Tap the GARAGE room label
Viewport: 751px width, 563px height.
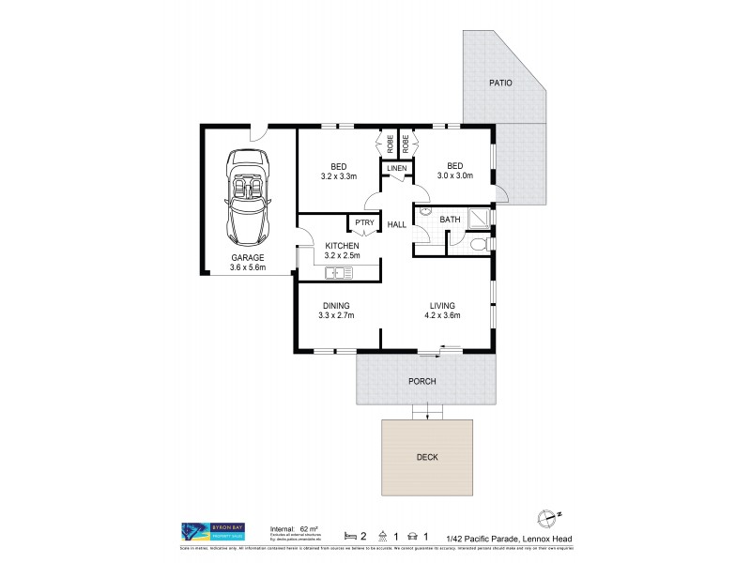pos(248,256)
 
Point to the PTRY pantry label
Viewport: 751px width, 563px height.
pos(363,223)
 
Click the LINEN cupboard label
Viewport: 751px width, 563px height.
pos(397,168)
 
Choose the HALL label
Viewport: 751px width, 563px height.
pos(396,224)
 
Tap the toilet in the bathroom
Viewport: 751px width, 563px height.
pos(478,246)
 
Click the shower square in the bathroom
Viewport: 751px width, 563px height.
pos(480,218)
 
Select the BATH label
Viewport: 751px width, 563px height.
pos(451,221)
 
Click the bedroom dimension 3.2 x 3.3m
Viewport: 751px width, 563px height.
pos(340,175)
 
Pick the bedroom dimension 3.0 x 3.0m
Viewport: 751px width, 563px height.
pos(454,175)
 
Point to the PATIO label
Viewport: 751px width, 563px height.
pos(501,84)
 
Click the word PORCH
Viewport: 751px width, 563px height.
pos(423,382)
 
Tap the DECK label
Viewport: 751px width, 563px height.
pos(426,457)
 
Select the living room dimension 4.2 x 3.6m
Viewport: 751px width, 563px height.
pos(442,316)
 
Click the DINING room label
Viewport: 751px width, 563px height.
pos(336,306)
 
